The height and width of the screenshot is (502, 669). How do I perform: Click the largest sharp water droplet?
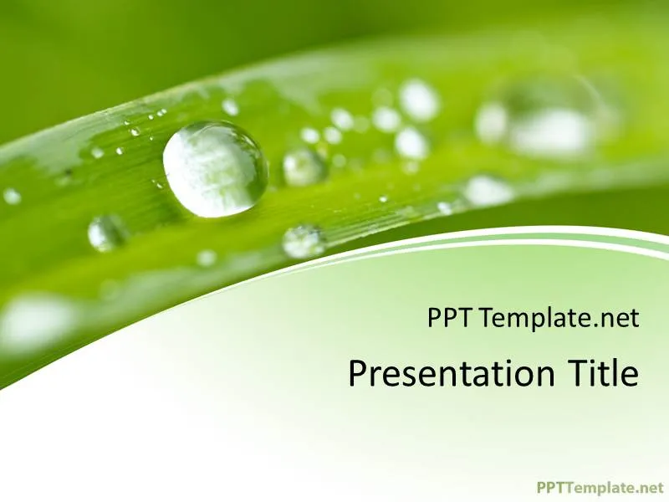215,169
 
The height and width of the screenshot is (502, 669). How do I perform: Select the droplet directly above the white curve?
303,242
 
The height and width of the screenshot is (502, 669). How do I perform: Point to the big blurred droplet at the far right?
548,121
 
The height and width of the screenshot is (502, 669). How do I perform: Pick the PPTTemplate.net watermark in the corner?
599,487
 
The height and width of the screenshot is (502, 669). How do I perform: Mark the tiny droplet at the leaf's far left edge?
12,197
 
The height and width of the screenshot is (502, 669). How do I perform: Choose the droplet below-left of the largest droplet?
106,232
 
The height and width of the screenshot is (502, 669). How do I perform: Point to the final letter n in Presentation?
544,377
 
